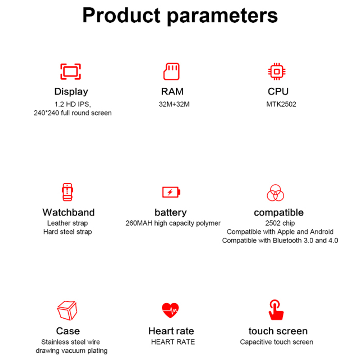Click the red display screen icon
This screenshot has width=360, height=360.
70,71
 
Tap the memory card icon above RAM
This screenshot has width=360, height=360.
171,71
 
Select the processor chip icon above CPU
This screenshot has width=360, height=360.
277,71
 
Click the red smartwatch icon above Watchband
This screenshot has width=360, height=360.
68,192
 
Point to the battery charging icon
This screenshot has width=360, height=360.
171,192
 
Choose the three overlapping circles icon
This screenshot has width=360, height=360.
275,193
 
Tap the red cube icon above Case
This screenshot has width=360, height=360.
67,311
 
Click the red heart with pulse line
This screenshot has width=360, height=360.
170,310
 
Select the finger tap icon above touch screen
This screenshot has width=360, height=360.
276,310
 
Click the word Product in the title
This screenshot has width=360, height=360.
121,15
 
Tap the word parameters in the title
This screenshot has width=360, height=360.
222,17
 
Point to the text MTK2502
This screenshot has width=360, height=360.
281,104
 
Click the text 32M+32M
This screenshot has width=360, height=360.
174,104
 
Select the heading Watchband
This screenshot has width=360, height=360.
68,212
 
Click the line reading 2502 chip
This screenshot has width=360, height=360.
280,223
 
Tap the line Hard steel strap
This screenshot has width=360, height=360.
68,232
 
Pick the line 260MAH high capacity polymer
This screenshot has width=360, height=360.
173,223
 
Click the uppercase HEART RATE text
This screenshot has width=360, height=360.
173,342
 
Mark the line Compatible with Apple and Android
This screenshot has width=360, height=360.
280,232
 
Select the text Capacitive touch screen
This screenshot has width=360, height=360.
276,342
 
